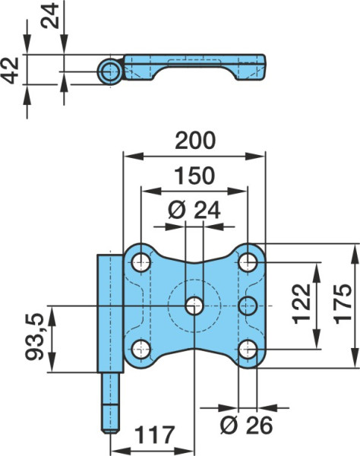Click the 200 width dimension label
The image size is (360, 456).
click(x=195, y=141)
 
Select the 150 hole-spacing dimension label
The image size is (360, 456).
click(x=194, y=176)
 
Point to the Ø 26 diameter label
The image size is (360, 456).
click(x=246, y=426)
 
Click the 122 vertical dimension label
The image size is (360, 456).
click(x=302, y=303)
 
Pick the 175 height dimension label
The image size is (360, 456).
click(x=343, y=303)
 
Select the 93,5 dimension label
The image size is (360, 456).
click(x=35, y=337)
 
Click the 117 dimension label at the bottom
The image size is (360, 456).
click(x=155, y=435)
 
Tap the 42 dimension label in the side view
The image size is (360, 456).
click(x=10, y=71)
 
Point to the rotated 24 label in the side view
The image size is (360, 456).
click(x=49, y=15)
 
